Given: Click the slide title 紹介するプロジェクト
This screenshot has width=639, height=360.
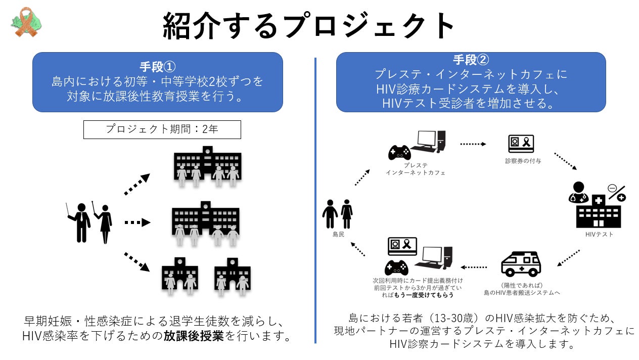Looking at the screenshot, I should pos(309,26).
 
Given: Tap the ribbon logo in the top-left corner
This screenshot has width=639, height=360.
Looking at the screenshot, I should pos(26,22).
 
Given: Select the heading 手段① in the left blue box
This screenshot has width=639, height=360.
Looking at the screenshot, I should pos(157,66).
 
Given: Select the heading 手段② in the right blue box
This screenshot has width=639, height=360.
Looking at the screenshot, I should pos(471,60).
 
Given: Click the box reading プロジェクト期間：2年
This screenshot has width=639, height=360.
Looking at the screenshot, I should pos(162,129).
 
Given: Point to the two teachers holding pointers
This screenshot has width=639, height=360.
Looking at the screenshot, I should pos(90,222).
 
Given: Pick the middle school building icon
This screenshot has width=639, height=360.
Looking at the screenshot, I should pos(205,222).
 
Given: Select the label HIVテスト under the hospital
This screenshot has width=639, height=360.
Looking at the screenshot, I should pos(599,235).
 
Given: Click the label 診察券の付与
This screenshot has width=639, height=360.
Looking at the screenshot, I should pos(523,161).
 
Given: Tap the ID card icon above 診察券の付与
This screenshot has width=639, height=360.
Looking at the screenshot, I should pos(521,144).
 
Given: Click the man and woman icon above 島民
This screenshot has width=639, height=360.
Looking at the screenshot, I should pos(337,213).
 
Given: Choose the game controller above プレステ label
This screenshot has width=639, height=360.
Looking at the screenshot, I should pos(399,151).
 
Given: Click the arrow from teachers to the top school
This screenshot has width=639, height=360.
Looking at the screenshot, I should pos(137,184).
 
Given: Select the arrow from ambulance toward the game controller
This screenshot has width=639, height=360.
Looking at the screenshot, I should pos(474,267).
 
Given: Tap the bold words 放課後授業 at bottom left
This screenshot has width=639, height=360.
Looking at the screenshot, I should pos(194,336).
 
